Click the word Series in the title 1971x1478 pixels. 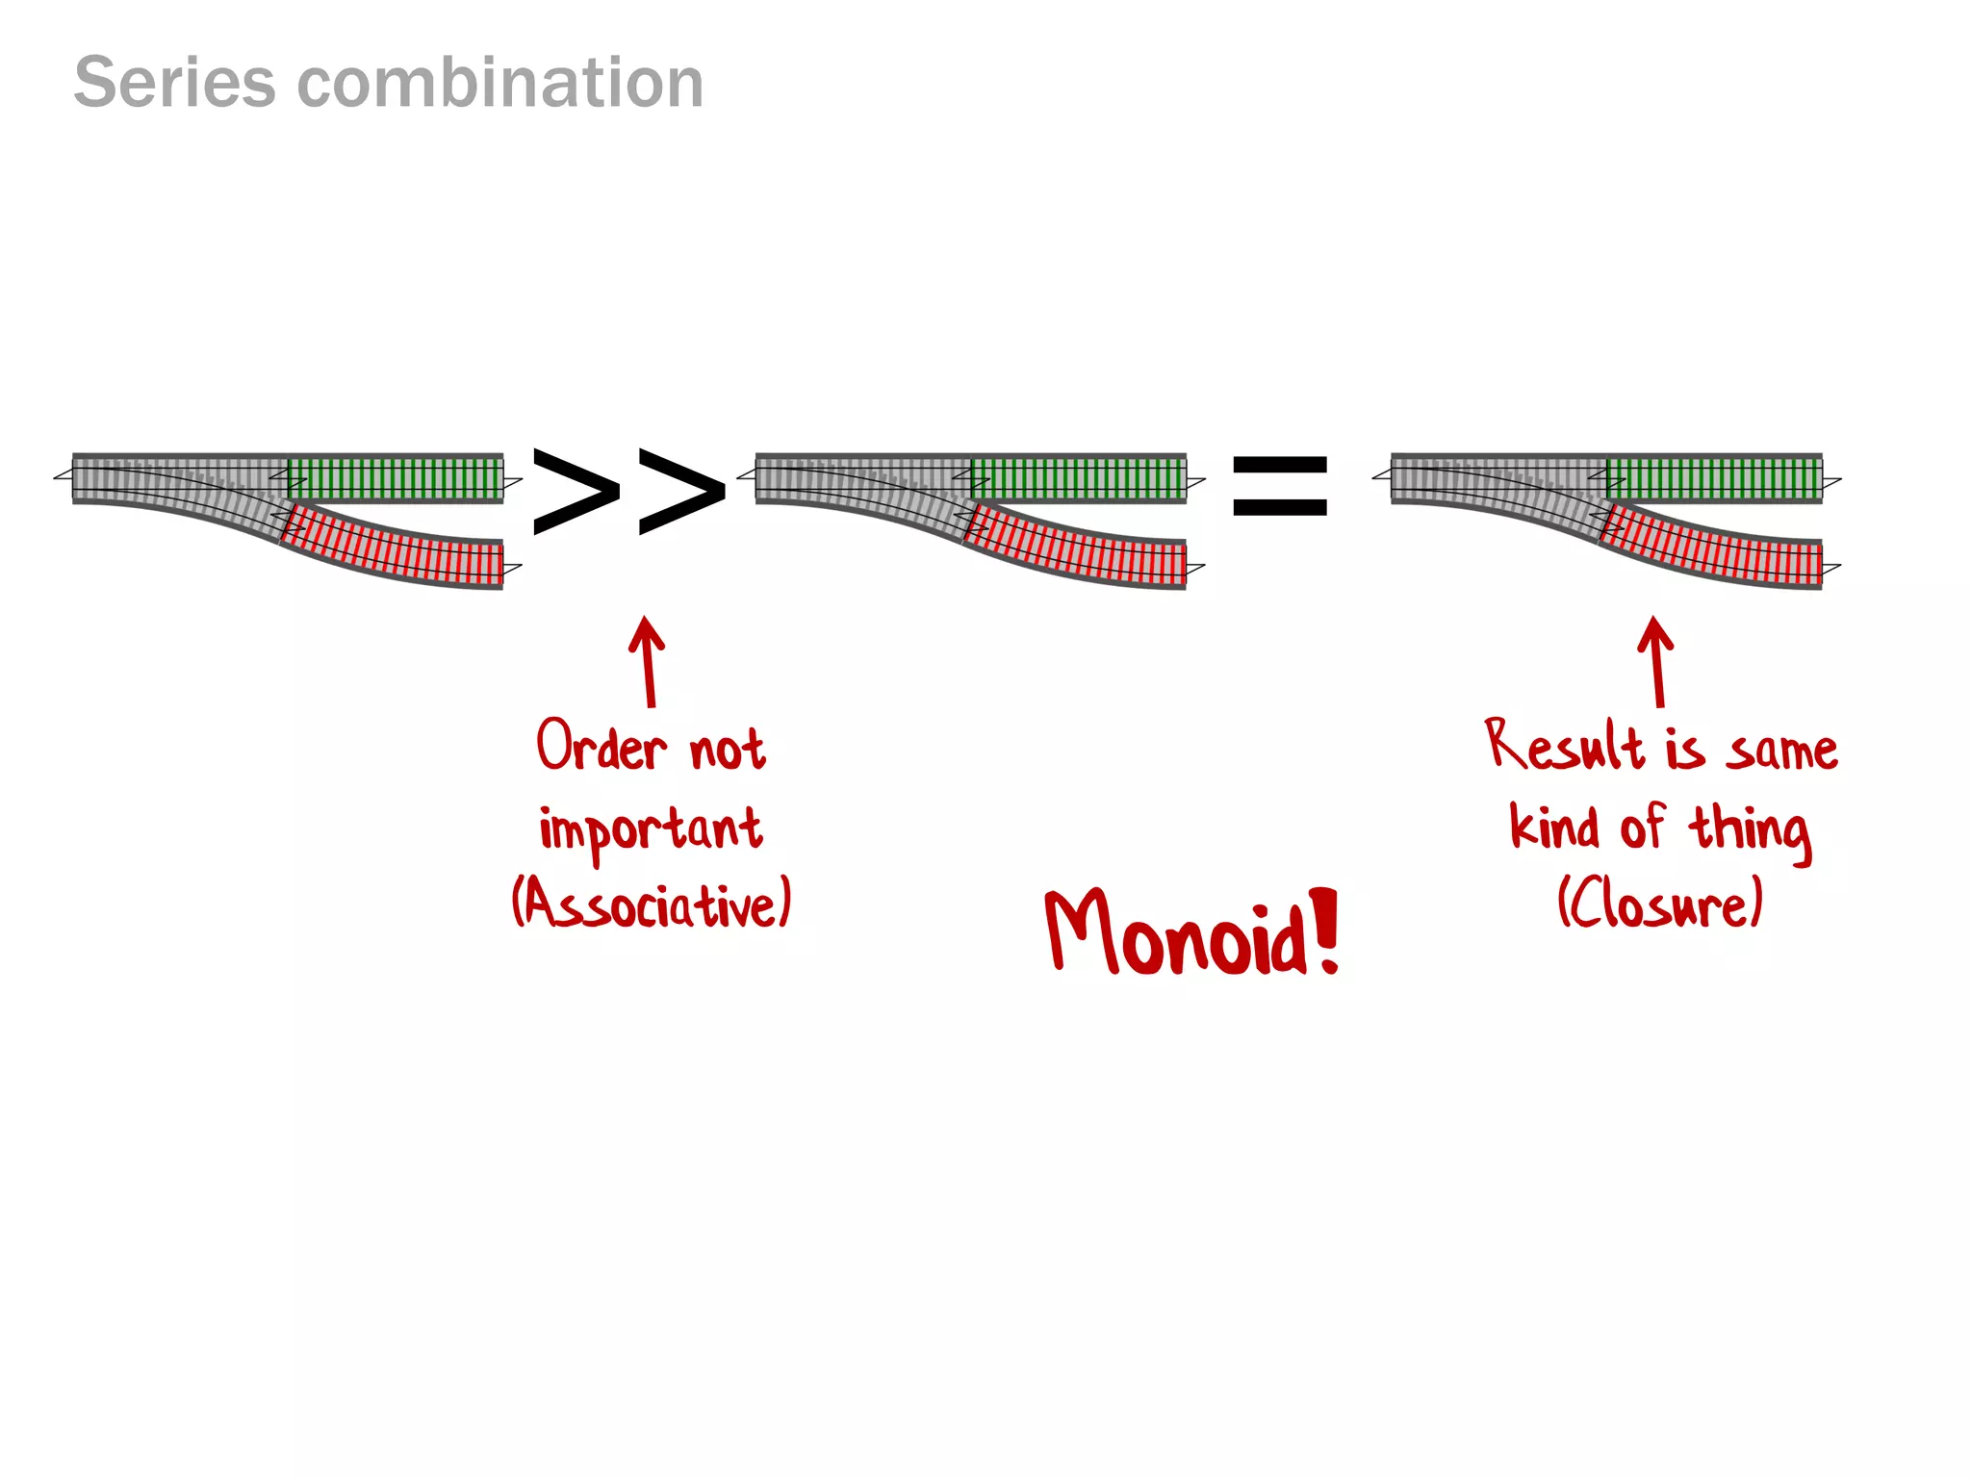174,83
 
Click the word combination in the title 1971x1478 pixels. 500,83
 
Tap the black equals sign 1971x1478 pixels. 1280,487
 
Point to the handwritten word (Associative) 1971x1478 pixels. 652,904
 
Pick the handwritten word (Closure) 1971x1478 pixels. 1660,904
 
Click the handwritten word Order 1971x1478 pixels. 601,747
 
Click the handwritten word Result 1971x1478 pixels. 1564,747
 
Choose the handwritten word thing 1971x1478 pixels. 1750,829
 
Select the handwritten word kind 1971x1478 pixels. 1554,828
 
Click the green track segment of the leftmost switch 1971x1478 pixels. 396,478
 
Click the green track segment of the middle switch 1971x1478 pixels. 1079,478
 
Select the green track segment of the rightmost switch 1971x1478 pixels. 1714,478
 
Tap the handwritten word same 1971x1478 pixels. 1781,751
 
